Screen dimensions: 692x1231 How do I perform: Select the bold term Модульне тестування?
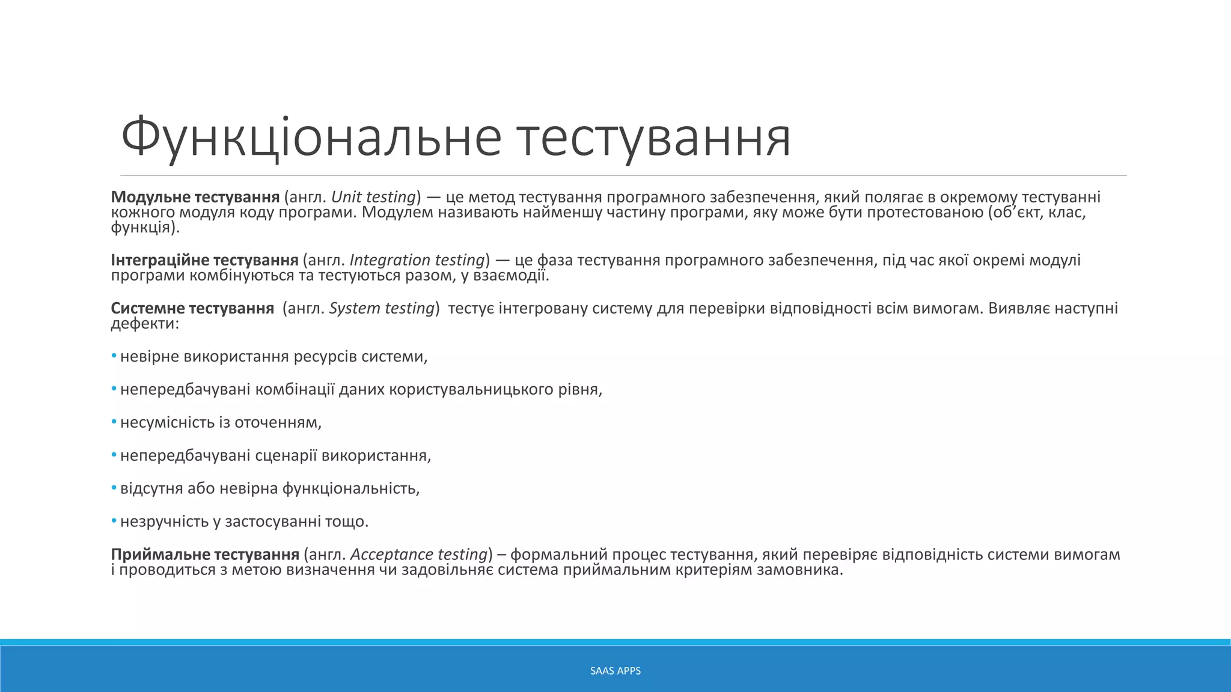tap(195, 197)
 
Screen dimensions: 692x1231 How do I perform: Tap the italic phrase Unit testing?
tap(373, 197)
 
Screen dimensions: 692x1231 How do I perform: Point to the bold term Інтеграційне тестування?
tap(204, 260)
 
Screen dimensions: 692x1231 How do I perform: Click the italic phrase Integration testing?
tap(417, 260)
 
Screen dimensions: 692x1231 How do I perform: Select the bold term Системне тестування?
tap(192, 308)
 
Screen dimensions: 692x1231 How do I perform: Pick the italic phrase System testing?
tap(382, 308)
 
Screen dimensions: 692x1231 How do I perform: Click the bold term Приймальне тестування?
tap(205, 554)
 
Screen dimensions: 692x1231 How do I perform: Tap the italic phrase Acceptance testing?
tap(418, 554)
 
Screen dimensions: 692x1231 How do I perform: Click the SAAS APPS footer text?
tap(615, 671)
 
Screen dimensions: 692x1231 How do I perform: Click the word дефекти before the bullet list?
tap(145, 324)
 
